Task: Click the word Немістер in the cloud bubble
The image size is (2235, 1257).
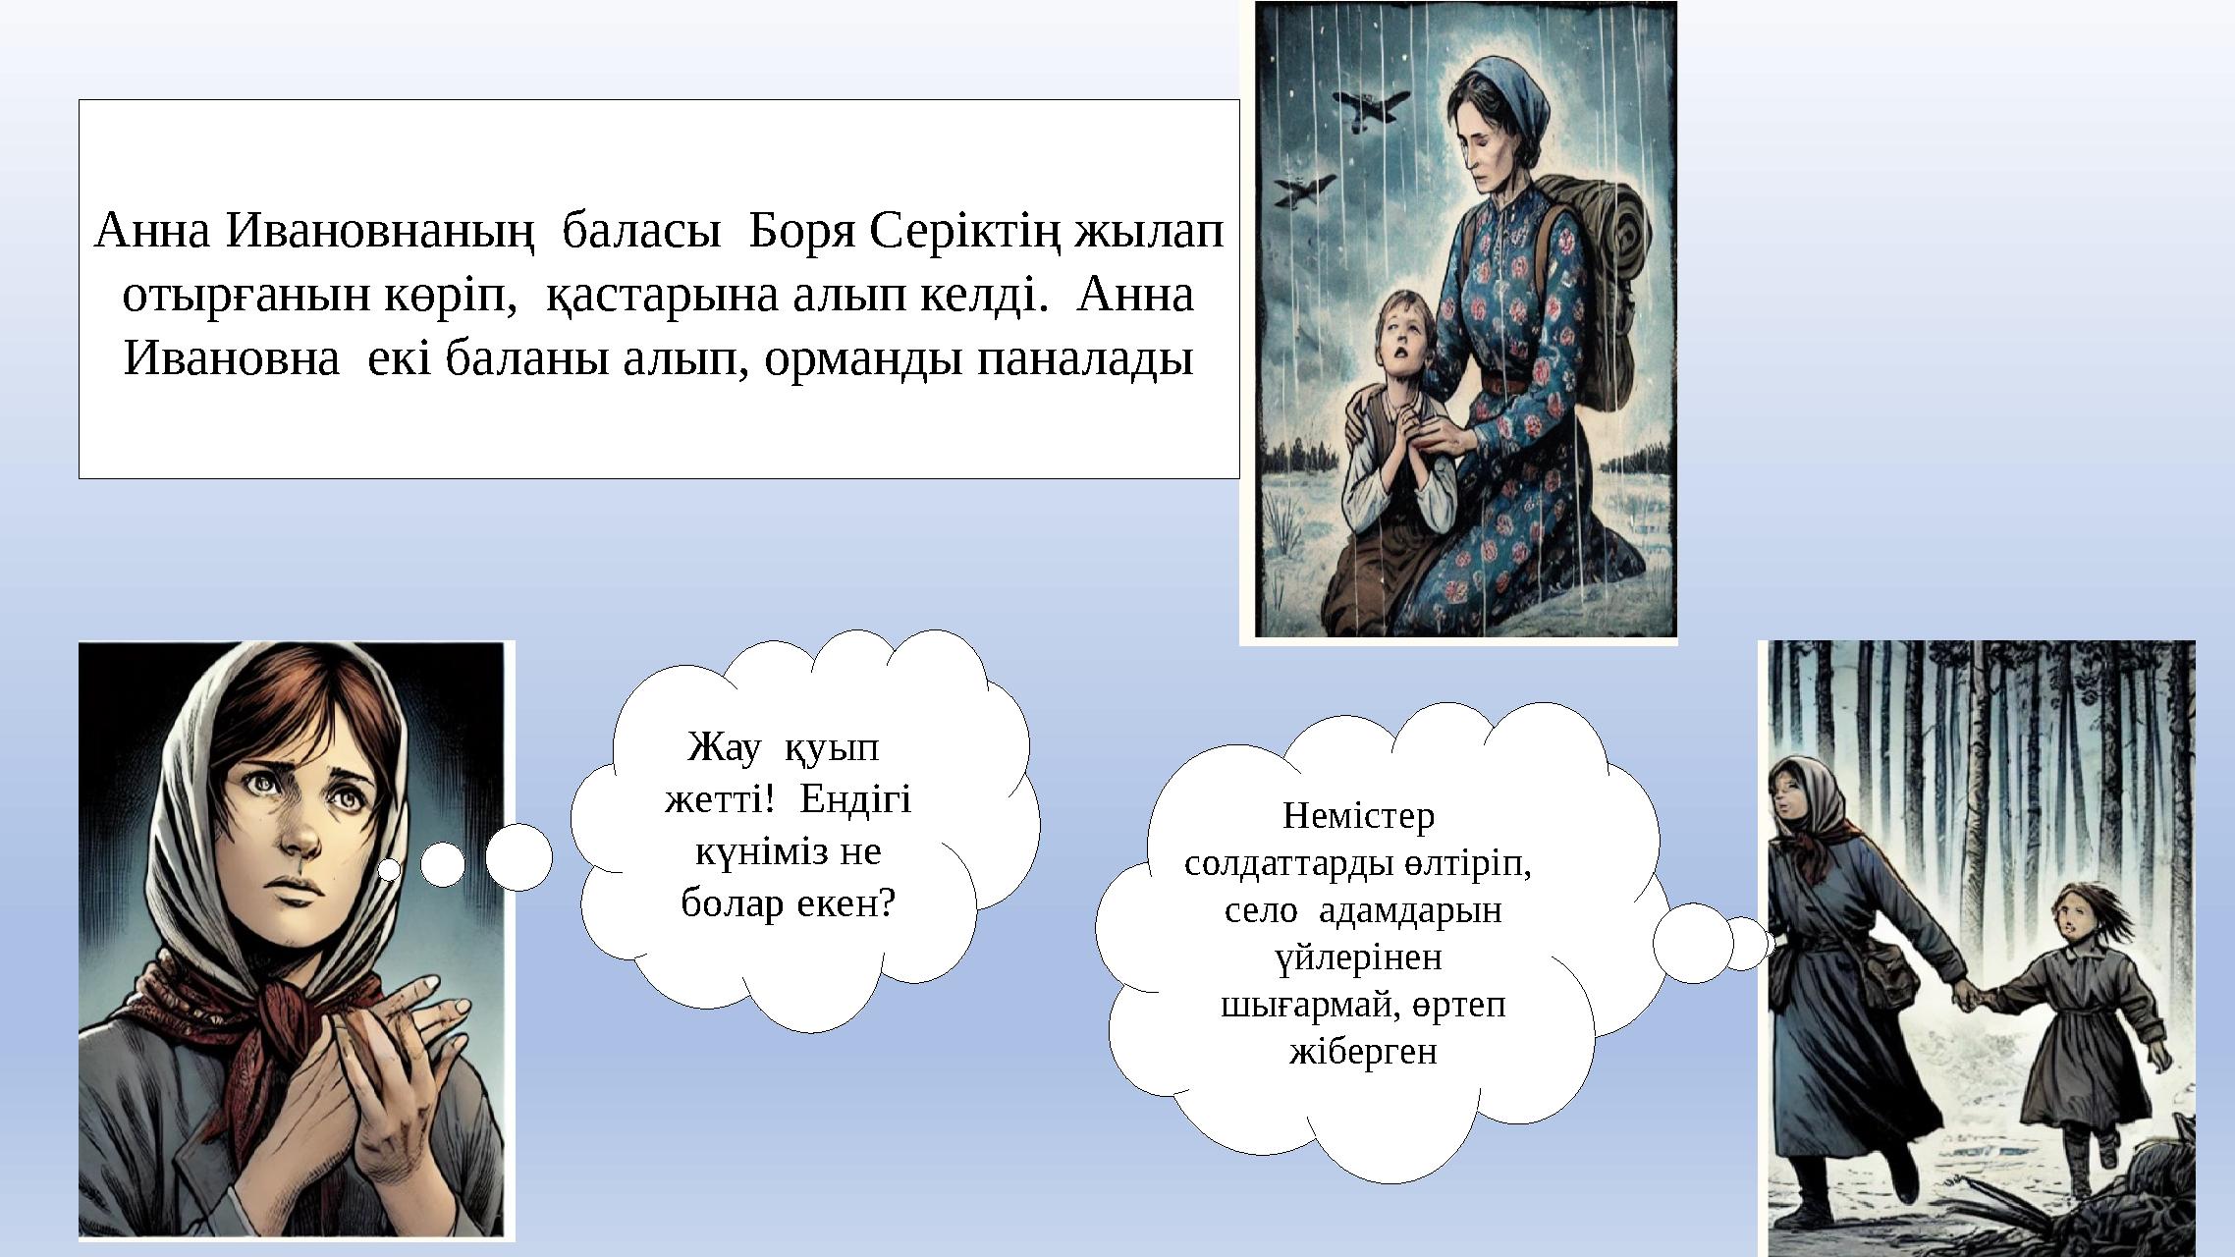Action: (1358, 815)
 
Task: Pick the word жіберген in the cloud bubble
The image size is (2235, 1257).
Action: (1363, 1052)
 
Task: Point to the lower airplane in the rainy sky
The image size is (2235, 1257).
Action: (1304, 190)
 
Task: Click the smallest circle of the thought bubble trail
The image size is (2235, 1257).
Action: (390, 869)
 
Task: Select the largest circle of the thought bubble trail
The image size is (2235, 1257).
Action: (518, 856)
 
